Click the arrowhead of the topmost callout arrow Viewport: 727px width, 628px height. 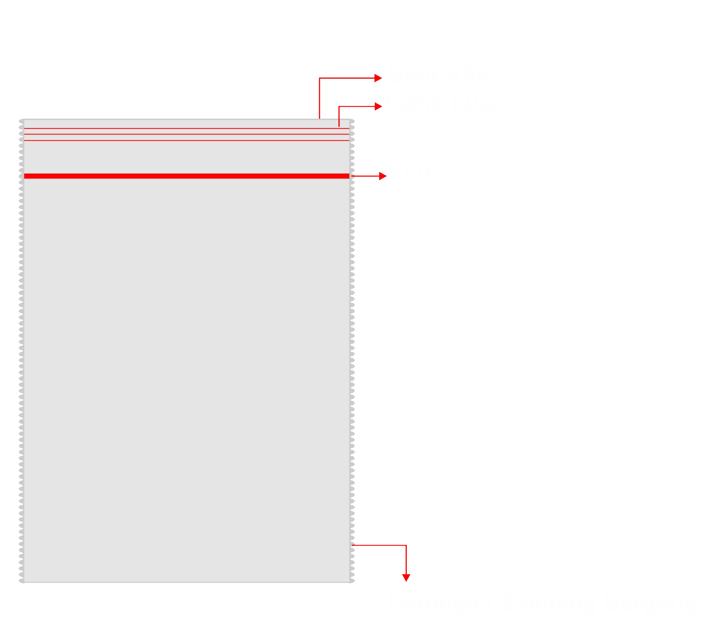[378, 78]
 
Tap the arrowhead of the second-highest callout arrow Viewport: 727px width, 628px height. [378, 106]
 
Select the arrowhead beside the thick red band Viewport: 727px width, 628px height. [383, 176]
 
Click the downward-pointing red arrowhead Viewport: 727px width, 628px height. [406, 578]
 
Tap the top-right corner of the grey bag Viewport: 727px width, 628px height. [351, 119]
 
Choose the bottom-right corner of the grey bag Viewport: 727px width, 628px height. [351, 582]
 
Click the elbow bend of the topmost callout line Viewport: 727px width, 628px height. [319, 78]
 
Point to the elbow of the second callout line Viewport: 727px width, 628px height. [339, 106]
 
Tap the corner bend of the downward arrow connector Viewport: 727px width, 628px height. [406, 545]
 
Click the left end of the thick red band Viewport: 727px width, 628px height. [25, 176]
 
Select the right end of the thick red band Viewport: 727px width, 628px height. [349, 176]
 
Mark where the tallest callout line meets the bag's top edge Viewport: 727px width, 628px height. [319, 119]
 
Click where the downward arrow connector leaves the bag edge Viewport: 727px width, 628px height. [352, 545]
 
